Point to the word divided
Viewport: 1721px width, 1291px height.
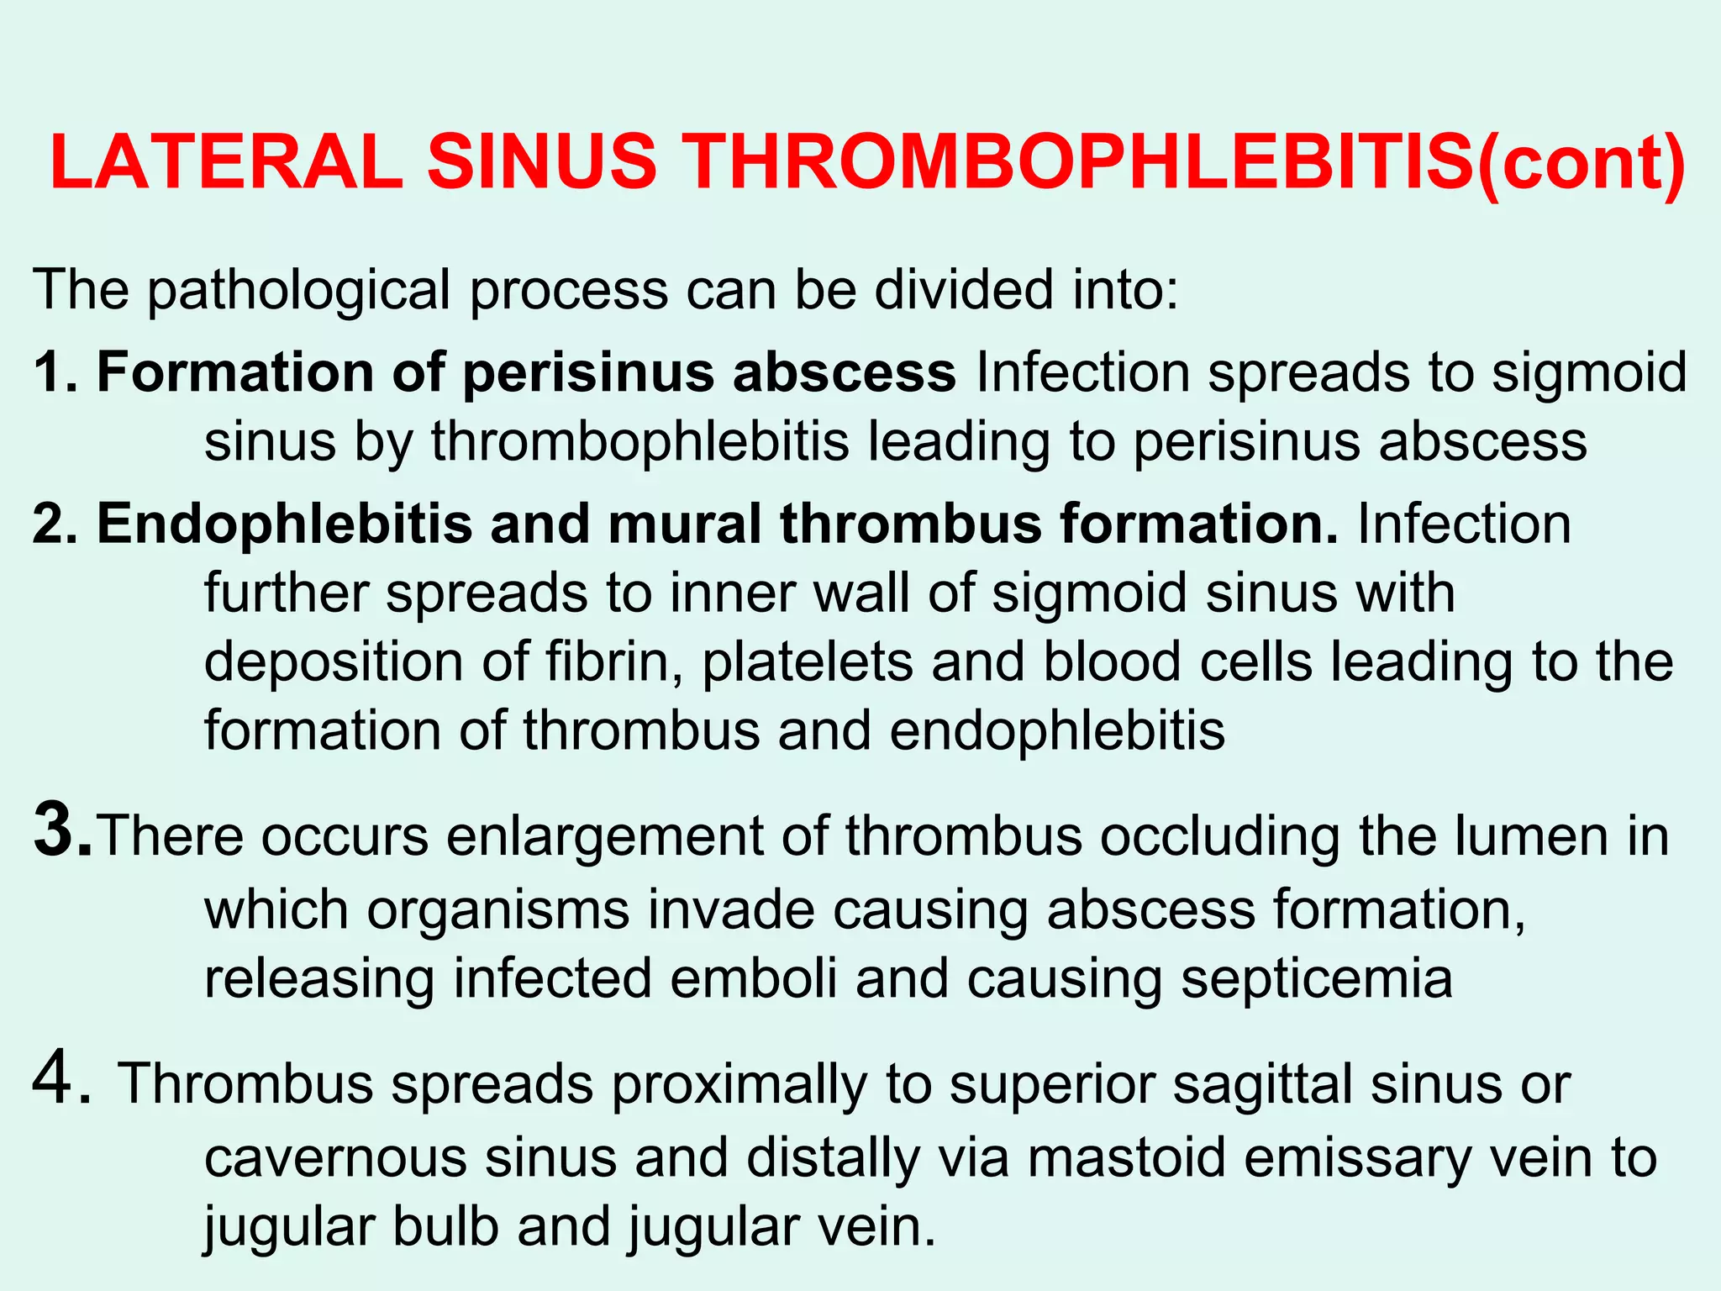(963, 290)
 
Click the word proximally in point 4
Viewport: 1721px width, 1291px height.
(739, 1085)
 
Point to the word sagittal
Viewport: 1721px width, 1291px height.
(1263, 1085)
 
